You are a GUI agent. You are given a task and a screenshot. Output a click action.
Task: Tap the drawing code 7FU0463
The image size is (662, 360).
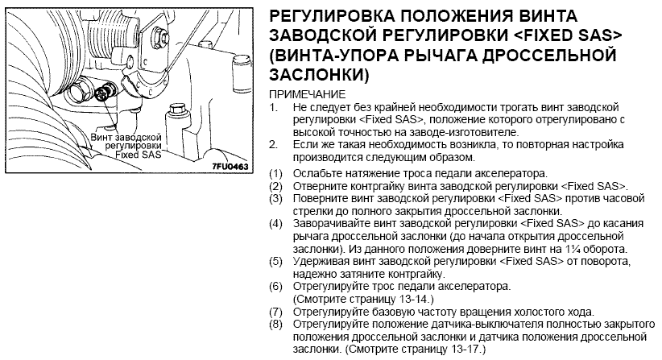pos(230,166)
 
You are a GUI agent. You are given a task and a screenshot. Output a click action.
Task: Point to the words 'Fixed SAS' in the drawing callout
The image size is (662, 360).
pos(139,155)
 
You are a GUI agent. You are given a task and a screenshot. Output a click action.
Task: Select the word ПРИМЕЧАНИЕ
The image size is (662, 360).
pos(308,94)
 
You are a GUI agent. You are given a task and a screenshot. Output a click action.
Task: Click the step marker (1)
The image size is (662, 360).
pos(275,173)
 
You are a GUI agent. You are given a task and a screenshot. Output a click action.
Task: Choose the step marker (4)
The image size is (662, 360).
pos(275,223)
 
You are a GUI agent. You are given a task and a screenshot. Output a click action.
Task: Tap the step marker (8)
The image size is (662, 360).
pos(275,325)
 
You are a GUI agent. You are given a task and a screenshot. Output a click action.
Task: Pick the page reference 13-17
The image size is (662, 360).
pos(466,350)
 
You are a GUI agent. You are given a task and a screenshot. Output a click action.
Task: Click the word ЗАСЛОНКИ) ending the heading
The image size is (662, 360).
pos(319,75)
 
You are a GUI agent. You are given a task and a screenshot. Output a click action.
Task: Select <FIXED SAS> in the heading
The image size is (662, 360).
pos(569,35)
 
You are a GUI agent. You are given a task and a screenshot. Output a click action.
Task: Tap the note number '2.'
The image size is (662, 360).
pos(274,145)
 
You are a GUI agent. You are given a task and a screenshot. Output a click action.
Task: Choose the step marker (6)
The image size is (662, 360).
pos(275,287)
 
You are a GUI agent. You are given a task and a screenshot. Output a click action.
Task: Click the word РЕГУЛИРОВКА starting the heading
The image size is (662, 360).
pos(332,15)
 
